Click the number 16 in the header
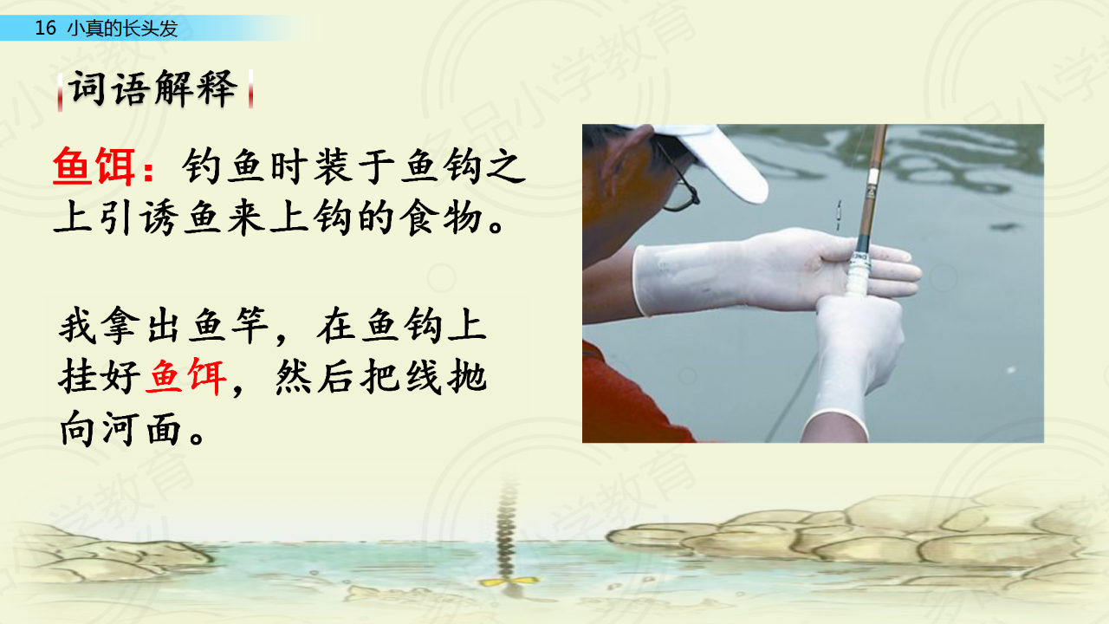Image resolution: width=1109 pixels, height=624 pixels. click(45, 29)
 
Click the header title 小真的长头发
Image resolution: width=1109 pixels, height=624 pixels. click(122, 29)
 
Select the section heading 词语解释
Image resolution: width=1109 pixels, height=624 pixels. click(153, 89)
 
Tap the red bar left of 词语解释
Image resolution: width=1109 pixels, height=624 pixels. click(60, 92)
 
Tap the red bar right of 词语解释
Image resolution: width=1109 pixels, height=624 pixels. click(251, 89)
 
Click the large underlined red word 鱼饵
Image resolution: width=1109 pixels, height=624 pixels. click(94, 166)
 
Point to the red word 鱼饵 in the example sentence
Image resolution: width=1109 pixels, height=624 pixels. click(187, 377)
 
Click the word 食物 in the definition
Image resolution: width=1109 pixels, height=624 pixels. click(441, 218)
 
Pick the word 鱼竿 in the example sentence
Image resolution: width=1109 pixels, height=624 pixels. click(230, 325)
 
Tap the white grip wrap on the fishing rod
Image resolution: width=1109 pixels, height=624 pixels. click(859, 275)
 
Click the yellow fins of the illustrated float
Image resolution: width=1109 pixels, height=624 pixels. click(508, 581)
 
